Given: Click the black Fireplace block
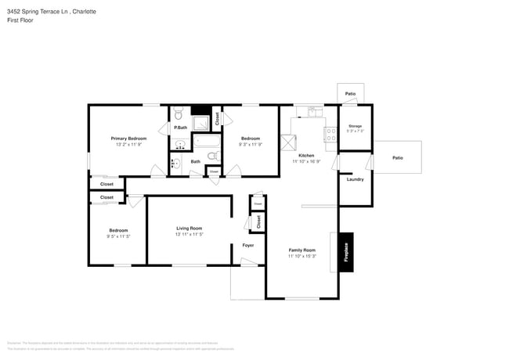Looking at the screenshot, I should point(345,252).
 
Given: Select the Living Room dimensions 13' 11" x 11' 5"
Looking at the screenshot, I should point(189,234).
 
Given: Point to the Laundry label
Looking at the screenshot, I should point(355,179).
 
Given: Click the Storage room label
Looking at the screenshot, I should point(355,125).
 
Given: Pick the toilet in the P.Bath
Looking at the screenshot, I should point(178,111).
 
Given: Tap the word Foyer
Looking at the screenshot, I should point(247,245).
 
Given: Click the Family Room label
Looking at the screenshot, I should point(301,250).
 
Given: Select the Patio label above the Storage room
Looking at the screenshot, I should point(350,94).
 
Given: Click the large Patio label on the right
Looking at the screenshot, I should point(397,157).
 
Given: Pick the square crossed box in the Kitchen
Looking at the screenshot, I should point(290,142).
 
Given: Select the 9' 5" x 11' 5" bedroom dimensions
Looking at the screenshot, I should point(118,236).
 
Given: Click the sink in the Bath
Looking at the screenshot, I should point(176,164).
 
